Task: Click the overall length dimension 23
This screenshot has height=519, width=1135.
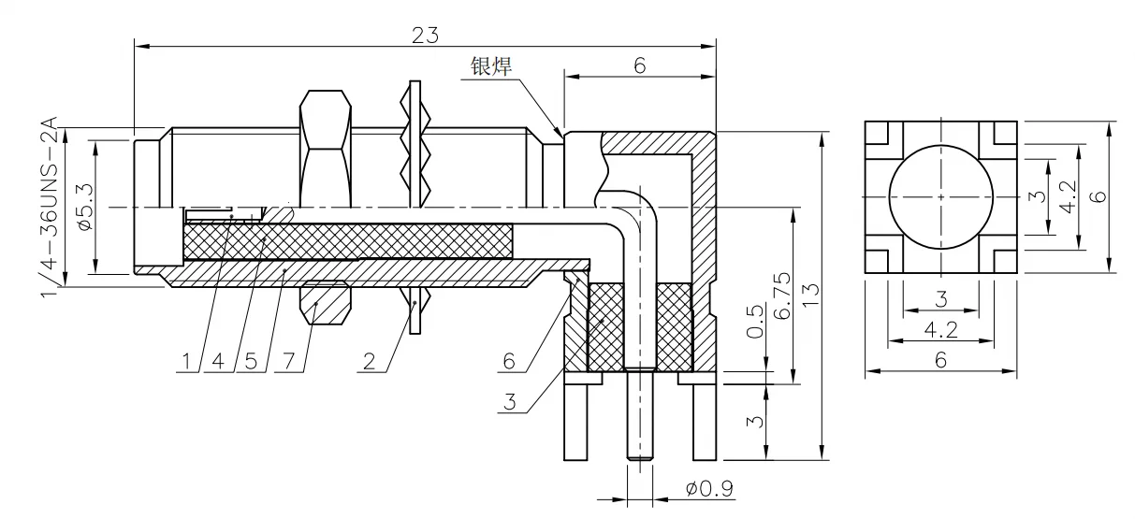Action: (x=425, y=36)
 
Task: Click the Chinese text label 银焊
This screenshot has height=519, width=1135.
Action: (x=491, y=66)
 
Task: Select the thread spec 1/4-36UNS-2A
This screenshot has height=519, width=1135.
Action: (x=50, y=207)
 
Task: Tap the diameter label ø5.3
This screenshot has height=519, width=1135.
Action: (x=86, y=208)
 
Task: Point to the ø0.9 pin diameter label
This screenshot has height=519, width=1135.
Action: (x=709, y=489)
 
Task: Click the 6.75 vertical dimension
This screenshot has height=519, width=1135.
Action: (x=783, y=296)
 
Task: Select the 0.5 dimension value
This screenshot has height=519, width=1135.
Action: (x=755, y=321)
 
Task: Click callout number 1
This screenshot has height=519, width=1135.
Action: (x=186, y=362)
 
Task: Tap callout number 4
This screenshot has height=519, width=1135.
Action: (x=218, y=362)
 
